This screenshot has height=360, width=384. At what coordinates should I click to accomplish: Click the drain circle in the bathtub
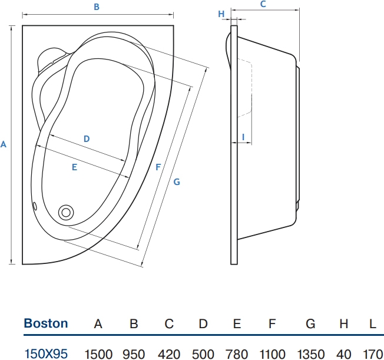click(66, 212)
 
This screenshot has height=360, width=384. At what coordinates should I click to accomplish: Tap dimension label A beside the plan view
click(3, 144)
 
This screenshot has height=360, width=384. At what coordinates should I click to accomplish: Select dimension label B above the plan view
click(97, 7)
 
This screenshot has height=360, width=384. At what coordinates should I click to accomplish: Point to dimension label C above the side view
click(263, 4)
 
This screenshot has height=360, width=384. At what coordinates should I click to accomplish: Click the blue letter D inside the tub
click(87, 138)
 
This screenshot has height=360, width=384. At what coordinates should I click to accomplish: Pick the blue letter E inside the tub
click(74, 167)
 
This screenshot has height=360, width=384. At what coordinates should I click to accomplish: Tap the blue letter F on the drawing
click(158, 167)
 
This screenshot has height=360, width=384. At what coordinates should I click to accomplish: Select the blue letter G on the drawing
click(177, 182)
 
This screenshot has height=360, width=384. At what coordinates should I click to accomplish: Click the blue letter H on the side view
click(221, 14)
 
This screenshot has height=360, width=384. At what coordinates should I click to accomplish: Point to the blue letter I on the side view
click(243, 137)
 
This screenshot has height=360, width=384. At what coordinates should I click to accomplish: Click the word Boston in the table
click(46, 323)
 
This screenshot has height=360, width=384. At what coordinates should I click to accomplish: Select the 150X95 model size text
click(46, 354)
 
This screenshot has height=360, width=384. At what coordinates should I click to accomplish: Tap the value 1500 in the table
click(98, 354)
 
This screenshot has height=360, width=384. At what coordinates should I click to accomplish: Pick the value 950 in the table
click(134, 354)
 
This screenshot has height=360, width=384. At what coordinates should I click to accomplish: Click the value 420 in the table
click(169, 354)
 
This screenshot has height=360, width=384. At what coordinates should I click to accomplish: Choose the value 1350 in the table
click(311, 354)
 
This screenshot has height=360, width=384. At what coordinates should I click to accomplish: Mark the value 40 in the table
click(344, 354)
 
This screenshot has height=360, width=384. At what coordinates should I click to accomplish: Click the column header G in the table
click(310, 323)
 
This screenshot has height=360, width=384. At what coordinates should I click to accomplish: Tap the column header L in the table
click(372, 323)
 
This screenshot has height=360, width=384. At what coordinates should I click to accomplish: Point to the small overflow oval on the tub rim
click(35, 206)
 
